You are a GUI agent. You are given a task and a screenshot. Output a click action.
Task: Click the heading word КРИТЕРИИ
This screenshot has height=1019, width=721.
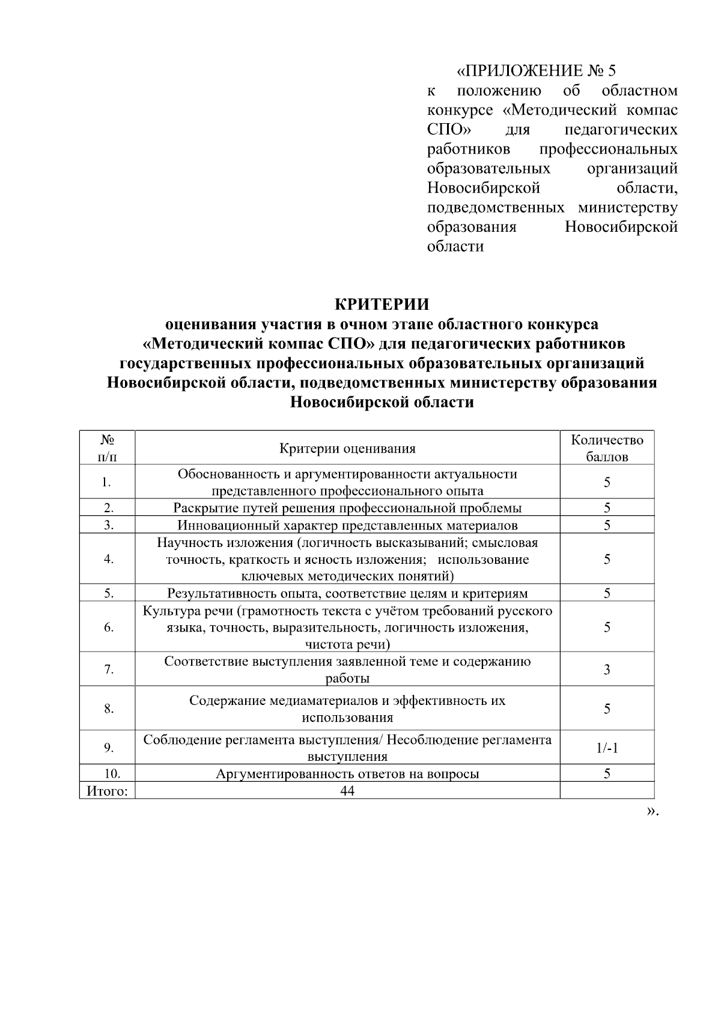click(x=382, y=304)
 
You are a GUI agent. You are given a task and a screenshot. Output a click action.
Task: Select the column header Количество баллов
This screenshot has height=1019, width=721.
click(x=607, y=448)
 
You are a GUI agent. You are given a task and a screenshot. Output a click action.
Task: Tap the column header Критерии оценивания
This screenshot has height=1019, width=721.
click(x=347, y=449)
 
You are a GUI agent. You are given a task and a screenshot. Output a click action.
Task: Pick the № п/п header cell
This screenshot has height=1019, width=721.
click(x=108, y=448)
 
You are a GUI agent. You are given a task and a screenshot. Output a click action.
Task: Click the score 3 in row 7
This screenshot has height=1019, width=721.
click(x=607, y=670)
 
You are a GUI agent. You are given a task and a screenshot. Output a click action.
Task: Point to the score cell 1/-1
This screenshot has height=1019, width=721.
click(x=607, y=748)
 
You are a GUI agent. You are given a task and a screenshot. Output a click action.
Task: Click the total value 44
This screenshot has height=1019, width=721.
click(x=347, y=791)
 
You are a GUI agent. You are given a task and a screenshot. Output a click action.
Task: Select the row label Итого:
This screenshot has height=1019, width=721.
click(x=108, y=791)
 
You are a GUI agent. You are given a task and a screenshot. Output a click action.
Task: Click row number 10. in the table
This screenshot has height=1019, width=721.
click(x=108, y=773)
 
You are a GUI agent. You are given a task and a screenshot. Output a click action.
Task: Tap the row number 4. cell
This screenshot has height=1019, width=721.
click(x=108, y=559)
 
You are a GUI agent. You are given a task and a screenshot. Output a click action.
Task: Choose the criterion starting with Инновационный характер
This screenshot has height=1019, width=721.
click(x=347, y=525)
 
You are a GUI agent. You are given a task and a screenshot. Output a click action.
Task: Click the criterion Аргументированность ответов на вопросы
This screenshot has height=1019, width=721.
click(x=347, y=773)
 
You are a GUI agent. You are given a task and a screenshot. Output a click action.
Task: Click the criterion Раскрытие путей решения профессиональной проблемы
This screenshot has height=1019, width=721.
click(x=347, y=508)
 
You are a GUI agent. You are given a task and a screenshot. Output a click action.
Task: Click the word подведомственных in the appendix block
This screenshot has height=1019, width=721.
click(x=496, y=208)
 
